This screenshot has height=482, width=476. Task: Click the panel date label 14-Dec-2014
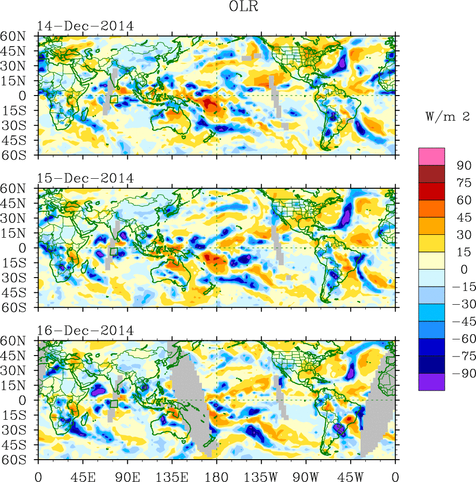pos(86,26)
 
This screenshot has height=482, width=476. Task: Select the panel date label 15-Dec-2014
pos(86,178)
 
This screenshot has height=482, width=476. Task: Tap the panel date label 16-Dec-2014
pos(86,330)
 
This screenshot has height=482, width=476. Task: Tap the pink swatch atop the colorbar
pos(431,156)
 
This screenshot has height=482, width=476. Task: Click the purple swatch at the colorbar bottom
pos(431,382)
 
